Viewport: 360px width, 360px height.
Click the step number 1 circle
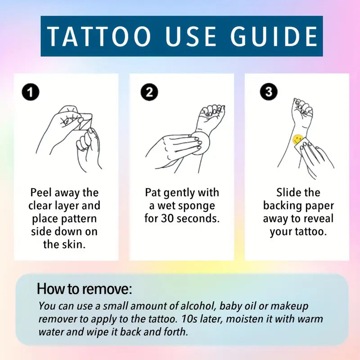coord(31,93)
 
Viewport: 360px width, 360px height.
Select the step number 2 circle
coord(149,93)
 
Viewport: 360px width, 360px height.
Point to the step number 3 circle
coord(269,92)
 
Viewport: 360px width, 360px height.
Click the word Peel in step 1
coord(41,193)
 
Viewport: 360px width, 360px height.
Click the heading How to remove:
coord(85,288)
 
